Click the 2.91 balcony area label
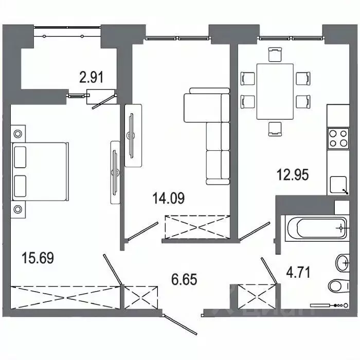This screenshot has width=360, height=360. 92,78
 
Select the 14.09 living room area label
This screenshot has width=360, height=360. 169,197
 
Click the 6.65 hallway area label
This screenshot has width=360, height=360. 184,280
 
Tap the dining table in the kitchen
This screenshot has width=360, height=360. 275,91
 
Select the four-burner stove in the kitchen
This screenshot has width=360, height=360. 337,138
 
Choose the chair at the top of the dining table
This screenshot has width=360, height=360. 275,54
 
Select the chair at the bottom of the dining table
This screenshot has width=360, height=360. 275,128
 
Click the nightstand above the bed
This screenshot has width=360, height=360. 18,134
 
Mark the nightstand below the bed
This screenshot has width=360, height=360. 18,209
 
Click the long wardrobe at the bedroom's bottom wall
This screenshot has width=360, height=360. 65,297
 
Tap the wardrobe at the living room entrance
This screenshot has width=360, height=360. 197,227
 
